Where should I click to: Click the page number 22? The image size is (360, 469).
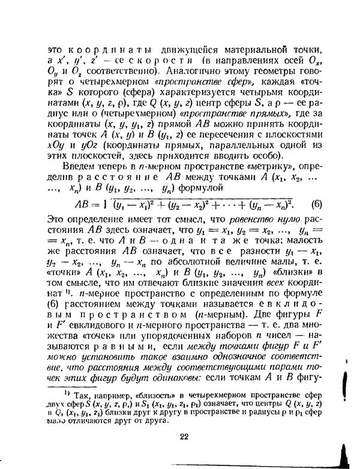pos(184,436)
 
